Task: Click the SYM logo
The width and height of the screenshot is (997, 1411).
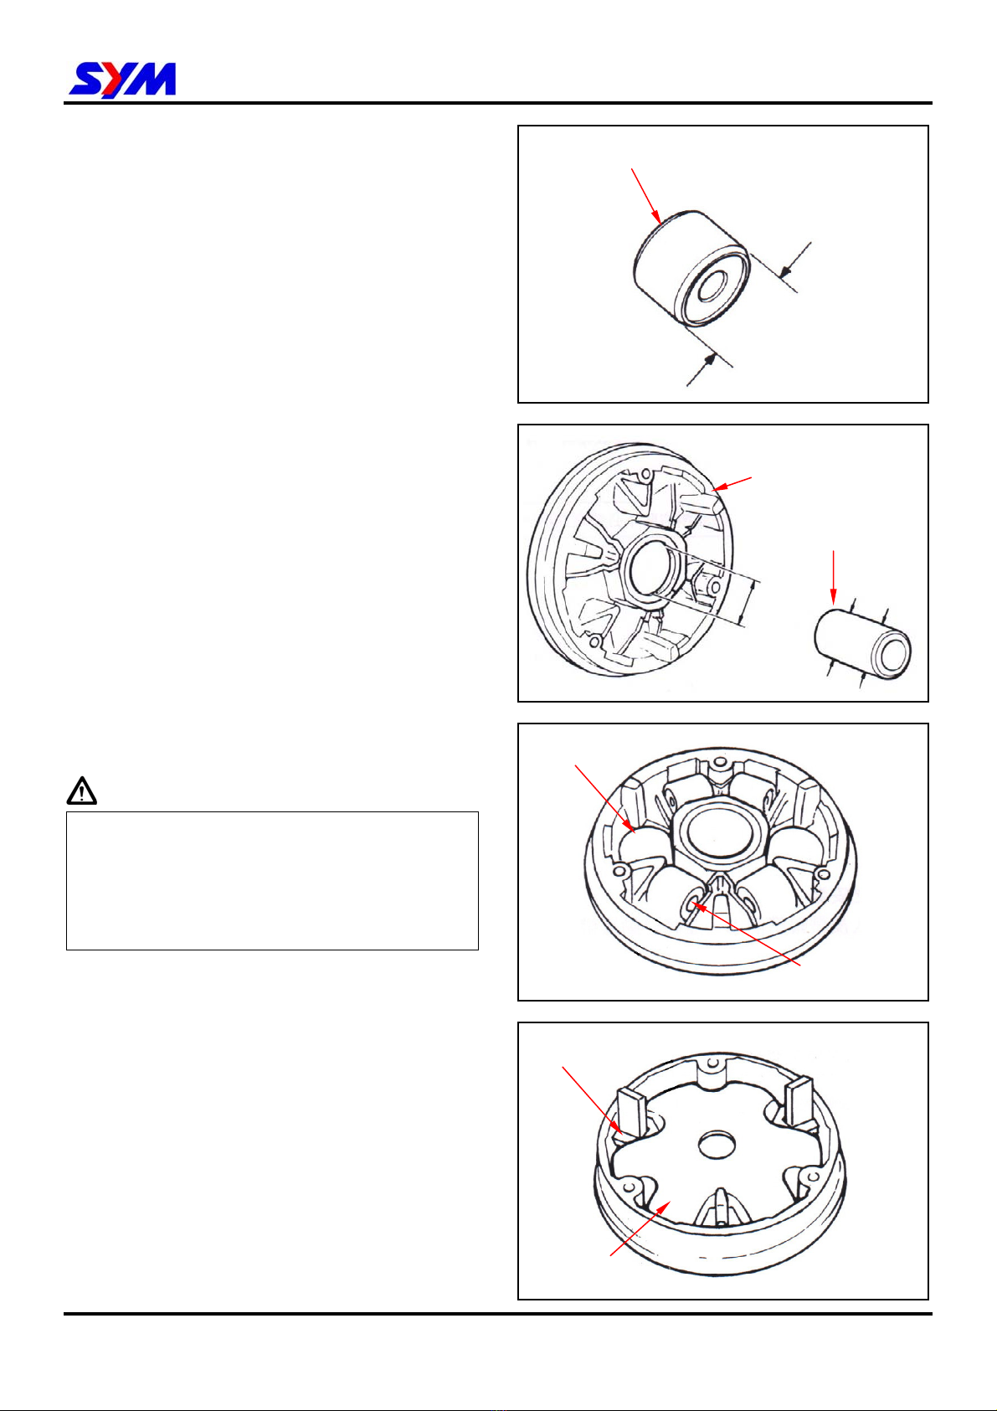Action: (122, 80)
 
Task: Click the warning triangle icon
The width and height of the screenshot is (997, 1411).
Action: (82, 790)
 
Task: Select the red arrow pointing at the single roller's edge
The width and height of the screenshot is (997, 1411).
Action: (646, 197)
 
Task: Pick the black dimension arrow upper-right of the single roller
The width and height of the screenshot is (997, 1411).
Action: (794, 260)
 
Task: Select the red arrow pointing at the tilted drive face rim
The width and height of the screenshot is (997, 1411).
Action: (732, 484)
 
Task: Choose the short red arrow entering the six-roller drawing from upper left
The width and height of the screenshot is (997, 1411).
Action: (604, 798)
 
